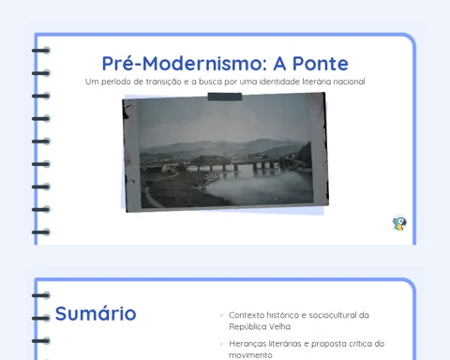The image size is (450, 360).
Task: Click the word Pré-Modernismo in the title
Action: point(185,64)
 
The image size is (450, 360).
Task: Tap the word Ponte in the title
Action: point(321,64)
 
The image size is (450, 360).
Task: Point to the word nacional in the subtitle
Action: point(349,82)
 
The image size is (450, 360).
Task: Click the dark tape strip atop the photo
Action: point(225,97)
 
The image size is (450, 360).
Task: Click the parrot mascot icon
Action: point(399,224)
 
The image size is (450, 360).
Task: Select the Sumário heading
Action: point(96,313)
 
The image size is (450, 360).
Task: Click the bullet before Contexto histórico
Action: point(221,315)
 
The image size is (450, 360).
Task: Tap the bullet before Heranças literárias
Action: point(221,344)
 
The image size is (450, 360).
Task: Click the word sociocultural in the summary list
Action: point(333,315)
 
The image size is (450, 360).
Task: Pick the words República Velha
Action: point(260,326)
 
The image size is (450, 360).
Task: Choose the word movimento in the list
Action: point(250,355)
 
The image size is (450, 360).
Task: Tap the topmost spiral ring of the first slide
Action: point(41,51)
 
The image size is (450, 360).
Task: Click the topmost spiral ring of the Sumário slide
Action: point(41,295)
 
